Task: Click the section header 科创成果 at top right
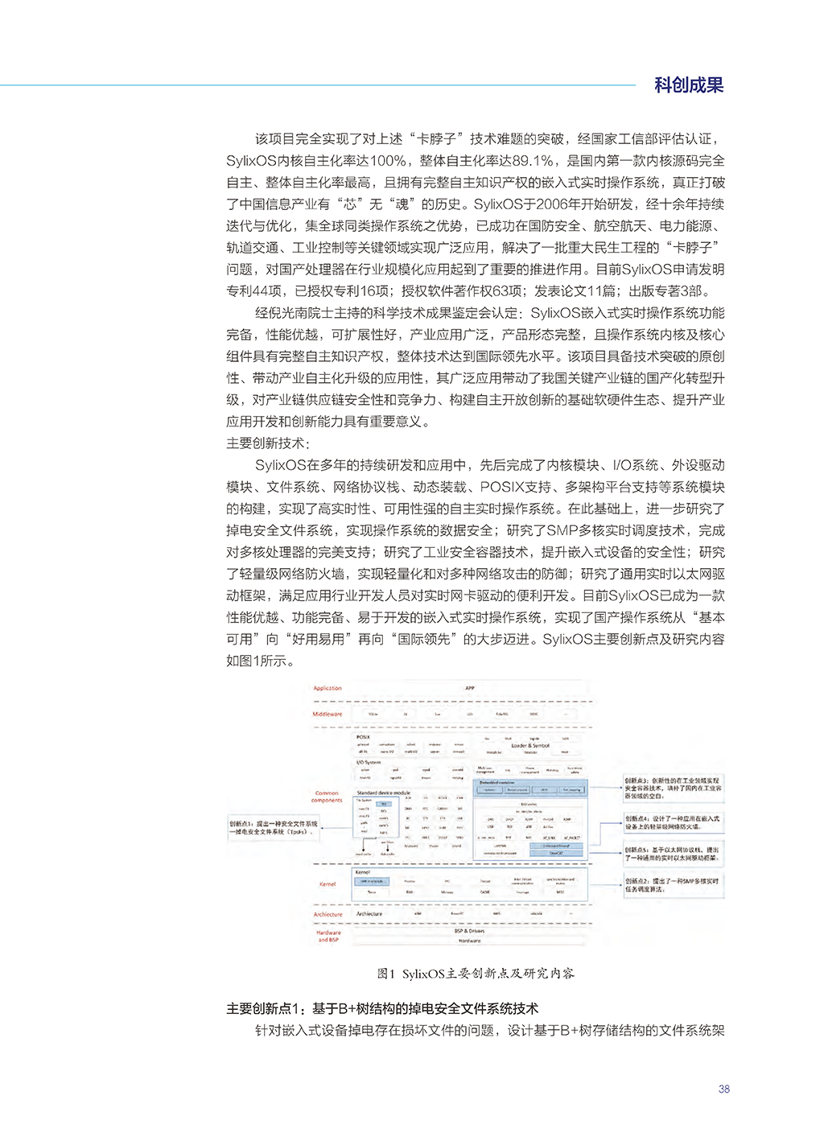[688, 85]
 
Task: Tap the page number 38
[723, 1089]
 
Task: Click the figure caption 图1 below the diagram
[476, 974]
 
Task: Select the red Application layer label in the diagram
[328, 688]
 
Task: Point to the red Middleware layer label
[328, 714]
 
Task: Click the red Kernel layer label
[328, 884]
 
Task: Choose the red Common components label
[327, 797]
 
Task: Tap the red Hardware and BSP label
[328, 936]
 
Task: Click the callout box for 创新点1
[274, 828]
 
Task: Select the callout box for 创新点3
[673, 788]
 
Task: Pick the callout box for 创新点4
[673, 822]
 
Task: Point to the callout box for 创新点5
[673, 854]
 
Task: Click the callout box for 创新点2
[673, 885]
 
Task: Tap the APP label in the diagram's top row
[470, 688]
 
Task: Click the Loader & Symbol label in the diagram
[530, 746]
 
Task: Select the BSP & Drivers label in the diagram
[470, 931]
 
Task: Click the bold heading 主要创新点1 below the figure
[382, 1009]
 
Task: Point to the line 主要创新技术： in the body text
[268, 443]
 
